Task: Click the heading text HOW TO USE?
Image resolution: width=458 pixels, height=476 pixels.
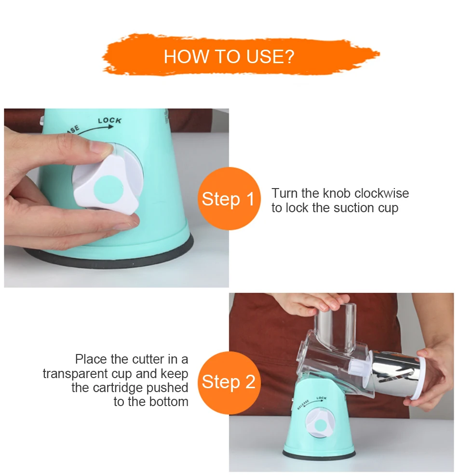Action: coord(229,56)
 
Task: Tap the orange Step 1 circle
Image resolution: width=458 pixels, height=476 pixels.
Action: coord(229,199)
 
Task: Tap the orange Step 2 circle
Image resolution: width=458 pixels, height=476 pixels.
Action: coord(229,382)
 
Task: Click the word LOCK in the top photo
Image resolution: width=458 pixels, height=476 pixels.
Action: coord(109,121)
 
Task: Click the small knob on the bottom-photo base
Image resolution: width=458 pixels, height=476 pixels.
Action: coord(320,425)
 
